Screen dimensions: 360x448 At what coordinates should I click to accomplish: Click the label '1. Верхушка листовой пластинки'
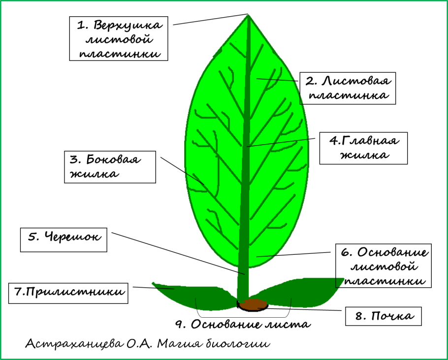[x=119, y=39]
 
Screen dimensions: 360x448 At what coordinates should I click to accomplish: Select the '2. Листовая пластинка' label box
[x=348, y=88]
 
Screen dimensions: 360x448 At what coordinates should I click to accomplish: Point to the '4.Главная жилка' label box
[x=364, y=148]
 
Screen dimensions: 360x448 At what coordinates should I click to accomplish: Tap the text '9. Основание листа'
[x=244, y=325]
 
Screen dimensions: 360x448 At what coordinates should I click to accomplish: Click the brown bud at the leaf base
[x=253, y=304]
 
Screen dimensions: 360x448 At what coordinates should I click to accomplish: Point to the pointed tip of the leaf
[x=248, y=17]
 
